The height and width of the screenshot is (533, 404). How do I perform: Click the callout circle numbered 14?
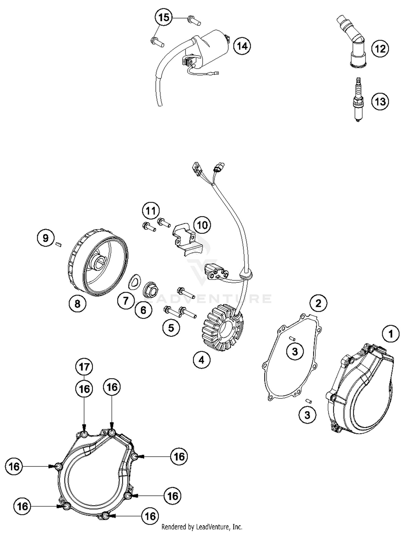(x=242, y=46)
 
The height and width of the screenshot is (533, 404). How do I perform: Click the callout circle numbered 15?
(x=163, y=18)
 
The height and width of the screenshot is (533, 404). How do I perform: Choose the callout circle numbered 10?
(x=203, y=225)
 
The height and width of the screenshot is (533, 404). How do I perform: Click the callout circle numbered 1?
(x=391, y=334)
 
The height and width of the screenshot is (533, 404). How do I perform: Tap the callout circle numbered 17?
(x=84, y=367)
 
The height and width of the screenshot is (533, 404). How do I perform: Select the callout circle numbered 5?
(x=171, y=328)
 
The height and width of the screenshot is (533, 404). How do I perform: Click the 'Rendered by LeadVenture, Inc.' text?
(x=202, y=527)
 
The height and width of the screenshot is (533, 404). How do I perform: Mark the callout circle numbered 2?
(x=318, y=304)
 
